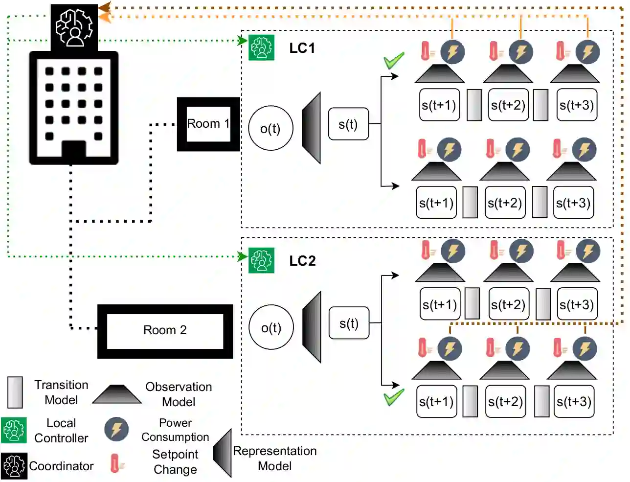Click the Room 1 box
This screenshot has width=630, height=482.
point(208,124)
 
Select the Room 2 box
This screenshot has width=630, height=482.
point(165,331)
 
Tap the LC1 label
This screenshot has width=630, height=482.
point(302,48)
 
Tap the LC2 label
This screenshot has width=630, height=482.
point(302,261)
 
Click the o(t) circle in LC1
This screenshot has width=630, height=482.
point(270,128)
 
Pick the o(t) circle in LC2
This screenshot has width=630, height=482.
point(271,327)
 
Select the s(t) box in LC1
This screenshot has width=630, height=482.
point(348,124)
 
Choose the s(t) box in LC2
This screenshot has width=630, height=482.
point(349,323)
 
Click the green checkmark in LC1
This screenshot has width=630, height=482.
point(394,61)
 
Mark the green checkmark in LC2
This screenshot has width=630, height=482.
point(394,397)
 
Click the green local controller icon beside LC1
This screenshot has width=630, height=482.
point(261,47)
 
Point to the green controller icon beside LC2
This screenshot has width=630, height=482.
point(261,260)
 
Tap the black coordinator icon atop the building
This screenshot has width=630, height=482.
point(74,27)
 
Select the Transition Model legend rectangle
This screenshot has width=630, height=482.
point(15,392)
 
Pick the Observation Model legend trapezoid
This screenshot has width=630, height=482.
point(116,394)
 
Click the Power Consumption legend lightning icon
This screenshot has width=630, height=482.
point(116,430)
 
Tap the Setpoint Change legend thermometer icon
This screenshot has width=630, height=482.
point(115,463)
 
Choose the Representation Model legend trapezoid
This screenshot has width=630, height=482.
point(223,453)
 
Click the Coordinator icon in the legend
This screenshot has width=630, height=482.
point(14,466)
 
